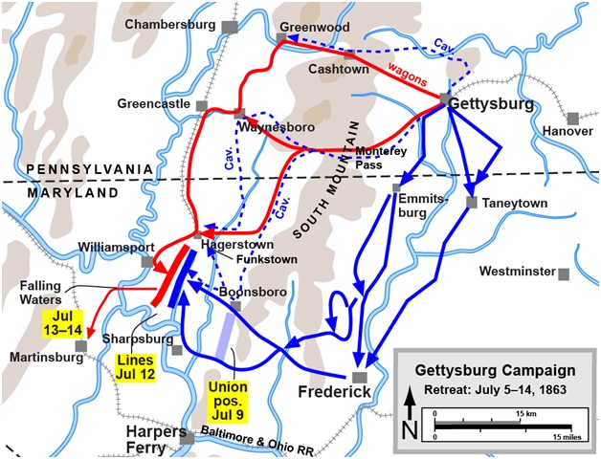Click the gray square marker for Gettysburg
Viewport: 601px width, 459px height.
446,99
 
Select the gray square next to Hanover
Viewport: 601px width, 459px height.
572,118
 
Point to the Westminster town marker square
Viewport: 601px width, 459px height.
564,273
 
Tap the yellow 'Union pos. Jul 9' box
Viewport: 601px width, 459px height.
227,401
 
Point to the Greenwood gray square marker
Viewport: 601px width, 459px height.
281,39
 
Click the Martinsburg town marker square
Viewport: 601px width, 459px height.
83,345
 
